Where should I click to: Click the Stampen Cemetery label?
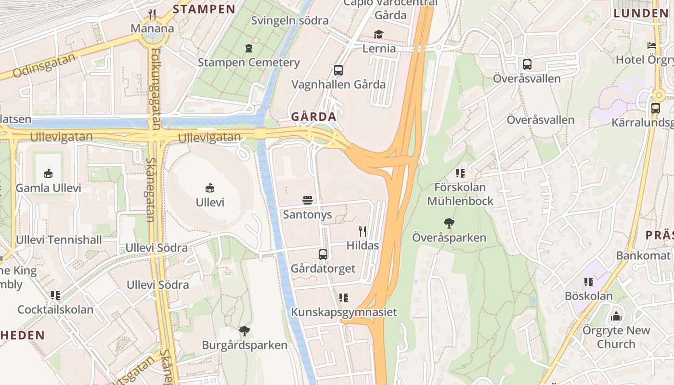248,63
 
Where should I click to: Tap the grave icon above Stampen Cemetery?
248,48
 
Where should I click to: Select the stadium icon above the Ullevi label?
210,188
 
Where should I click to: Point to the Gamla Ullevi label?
48,188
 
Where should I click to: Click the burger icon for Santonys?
308,200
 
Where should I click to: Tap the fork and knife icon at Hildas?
363,231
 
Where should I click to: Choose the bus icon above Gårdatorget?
323,255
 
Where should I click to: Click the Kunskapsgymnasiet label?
344,312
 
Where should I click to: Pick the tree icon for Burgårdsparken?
245,331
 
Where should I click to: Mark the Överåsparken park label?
449,238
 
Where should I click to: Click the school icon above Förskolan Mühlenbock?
460,173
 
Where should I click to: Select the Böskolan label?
589,296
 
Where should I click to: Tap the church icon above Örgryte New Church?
616,317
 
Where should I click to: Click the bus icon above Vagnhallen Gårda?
338,70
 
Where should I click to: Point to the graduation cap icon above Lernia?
379,35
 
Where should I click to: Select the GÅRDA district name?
313,117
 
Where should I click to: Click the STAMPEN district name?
204,9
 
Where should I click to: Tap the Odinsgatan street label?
44,66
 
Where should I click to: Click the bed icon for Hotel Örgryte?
651,46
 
